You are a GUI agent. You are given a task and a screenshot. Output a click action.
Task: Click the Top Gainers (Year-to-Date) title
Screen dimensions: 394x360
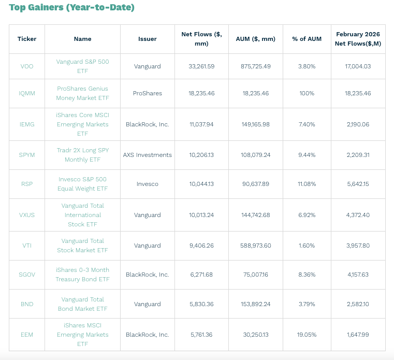click(x=71, y=7)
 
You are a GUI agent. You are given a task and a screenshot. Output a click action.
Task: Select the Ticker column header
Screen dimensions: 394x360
click(x=27, y=39)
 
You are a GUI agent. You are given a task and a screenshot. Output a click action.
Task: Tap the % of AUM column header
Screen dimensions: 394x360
click(x=307, y=39)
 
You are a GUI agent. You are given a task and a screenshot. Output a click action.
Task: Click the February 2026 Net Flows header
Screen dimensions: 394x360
click(x=358, y=39)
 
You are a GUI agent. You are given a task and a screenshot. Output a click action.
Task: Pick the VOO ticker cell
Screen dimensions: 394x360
click(x=27, y=66)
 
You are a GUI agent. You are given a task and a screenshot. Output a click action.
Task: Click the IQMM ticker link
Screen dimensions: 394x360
click(x=27, y=93)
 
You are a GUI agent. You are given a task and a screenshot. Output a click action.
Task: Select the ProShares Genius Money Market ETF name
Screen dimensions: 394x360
click(x=82, y=93)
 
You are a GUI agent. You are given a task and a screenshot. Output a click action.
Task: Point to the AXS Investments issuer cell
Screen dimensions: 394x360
click(x=147, y=155)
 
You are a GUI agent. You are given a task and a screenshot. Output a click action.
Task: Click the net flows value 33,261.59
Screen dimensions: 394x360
click(x=201, y=66)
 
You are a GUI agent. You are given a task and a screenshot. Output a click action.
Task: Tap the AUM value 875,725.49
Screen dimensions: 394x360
click(x=256, y=66)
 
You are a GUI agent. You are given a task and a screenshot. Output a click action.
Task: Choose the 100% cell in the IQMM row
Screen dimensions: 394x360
click(x=307, y=93)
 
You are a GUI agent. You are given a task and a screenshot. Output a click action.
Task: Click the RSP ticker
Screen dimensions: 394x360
click(x=27, y=184)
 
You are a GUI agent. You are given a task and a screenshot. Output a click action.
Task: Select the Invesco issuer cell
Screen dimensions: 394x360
click(x=147, y=184)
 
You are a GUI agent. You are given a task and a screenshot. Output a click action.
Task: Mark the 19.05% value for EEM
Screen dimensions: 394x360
click(x=307, y=335)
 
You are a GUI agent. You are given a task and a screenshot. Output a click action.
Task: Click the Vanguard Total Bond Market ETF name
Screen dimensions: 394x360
click(x=82, y=304)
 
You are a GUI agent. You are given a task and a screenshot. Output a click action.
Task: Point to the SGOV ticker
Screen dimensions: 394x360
click(x=27, y=275)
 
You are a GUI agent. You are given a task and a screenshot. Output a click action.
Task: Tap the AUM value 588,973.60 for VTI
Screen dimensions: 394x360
click(x=256, y=246)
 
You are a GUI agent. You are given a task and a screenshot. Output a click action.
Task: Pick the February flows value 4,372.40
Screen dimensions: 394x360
click(x=358, y=215)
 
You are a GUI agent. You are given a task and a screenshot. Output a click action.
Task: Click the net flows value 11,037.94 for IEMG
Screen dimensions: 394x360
click(x=201, y=124)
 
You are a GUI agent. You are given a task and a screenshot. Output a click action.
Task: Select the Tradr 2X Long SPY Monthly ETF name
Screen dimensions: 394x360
click(x=82, y=155)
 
